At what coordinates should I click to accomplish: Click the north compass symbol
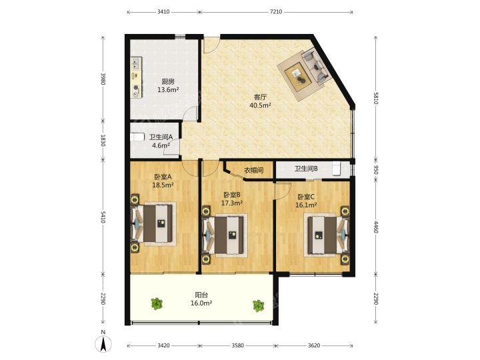click(x=103, y=341)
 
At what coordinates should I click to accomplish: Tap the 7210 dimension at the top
click(x=276, y=12)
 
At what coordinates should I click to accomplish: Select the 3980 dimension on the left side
click(x=103, y=79)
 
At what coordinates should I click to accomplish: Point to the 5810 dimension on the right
click(x=376, y=98)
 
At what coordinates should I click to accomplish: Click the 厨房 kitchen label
click(x=168, y=82)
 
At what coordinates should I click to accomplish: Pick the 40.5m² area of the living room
click(x=260, y=105)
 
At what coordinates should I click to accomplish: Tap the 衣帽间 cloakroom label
click(x=254, y=170)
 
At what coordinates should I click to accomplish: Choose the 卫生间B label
click(x=306, y=169)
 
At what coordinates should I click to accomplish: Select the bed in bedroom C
click(x=327, y=235)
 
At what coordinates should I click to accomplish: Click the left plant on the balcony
click(x=157, y=303)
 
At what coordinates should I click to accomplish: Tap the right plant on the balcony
click(x=259, y=305)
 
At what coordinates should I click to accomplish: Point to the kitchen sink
click(x=135, y=64)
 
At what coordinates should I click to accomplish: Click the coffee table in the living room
click(x=298, y=76)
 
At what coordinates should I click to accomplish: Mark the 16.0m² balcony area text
click(x=201, y=303)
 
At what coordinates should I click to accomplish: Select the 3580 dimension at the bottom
click(x=237, y=345)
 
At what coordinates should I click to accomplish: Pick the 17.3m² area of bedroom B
click(x=232, y=203)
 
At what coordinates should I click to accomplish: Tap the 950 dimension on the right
click(x=376, y=170)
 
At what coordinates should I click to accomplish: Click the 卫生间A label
click(x=161, y=137)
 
